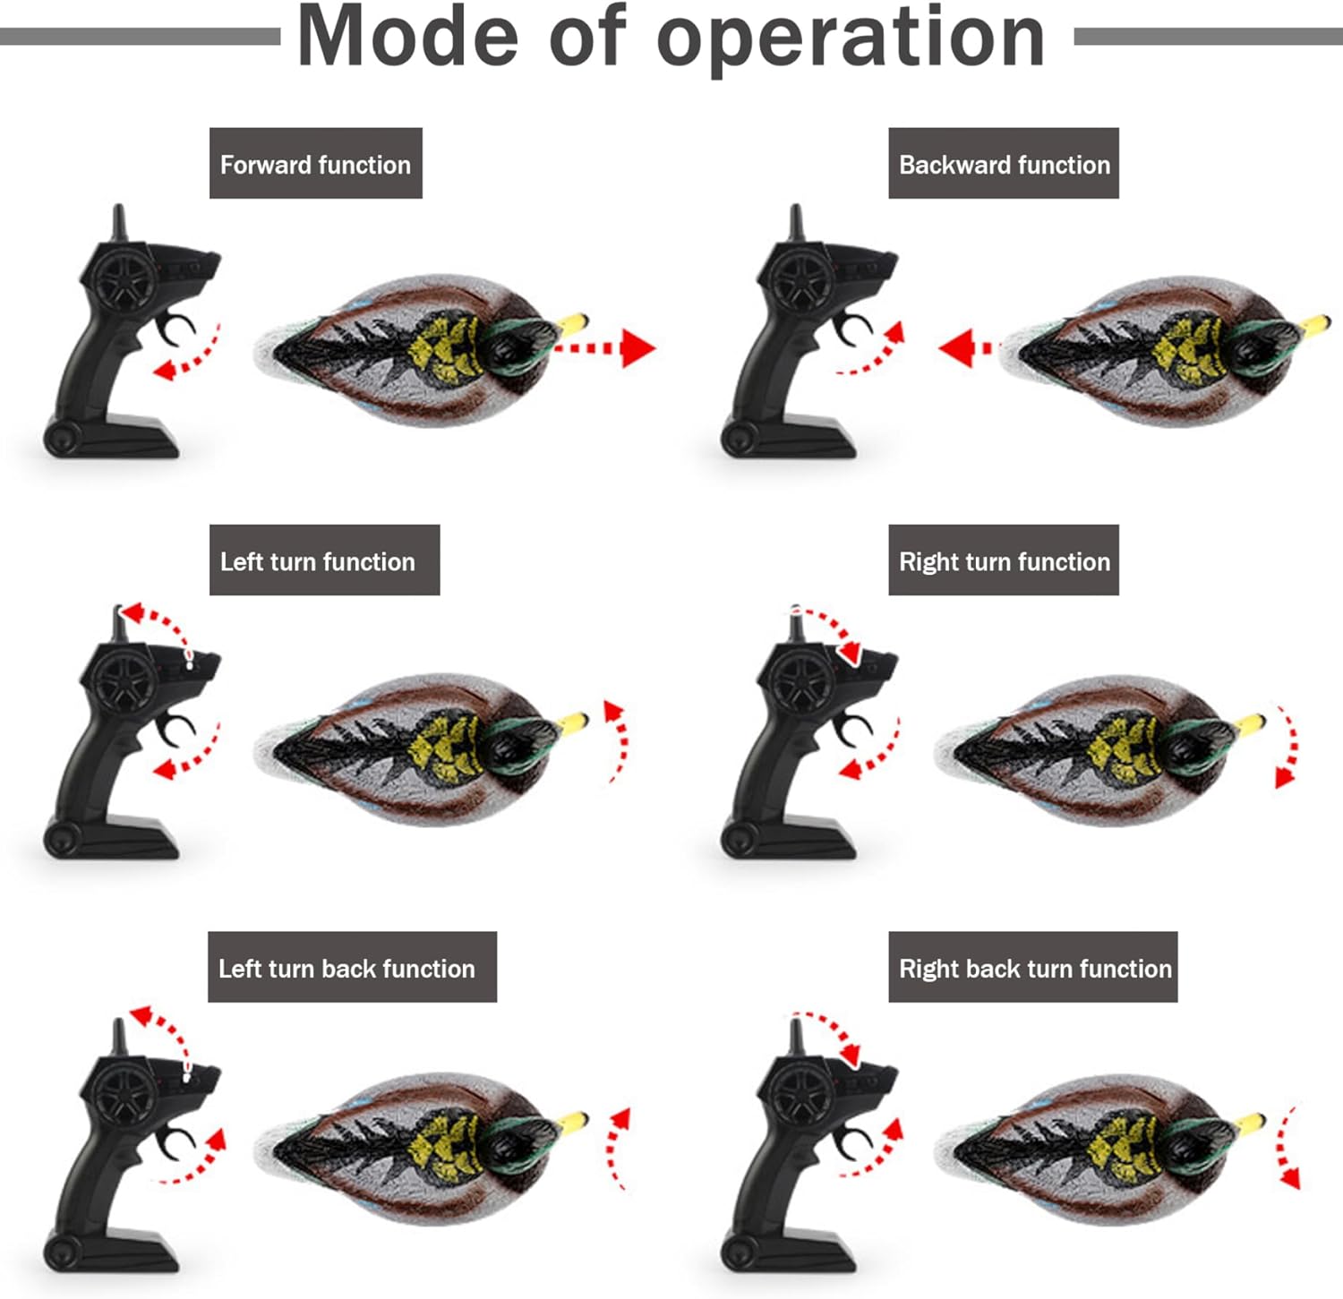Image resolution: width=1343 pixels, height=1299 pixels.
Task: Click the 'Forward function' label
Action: click(315, 164)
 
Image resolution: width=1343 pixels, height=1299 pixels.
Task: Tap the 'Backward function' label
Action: click(1004, 164)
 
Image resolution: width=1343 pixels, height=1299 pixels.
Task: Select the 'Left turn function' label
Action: click(324, 560)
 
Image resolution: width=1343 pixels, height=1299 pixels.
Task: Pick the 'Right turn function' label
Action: click(1004, 560)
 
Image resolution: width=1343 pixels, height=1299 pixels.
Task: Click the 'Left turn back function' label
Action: click(352, 967)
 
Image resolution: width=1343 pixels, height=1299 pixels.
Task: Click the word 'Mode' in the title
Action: click(407, 38)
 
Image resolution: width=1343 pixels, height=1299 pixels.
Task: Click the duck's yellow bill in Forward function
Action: click(572, 321)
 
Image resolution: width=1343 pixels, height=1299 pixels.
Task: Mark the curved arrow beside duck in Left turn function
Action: click(617, 739)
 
